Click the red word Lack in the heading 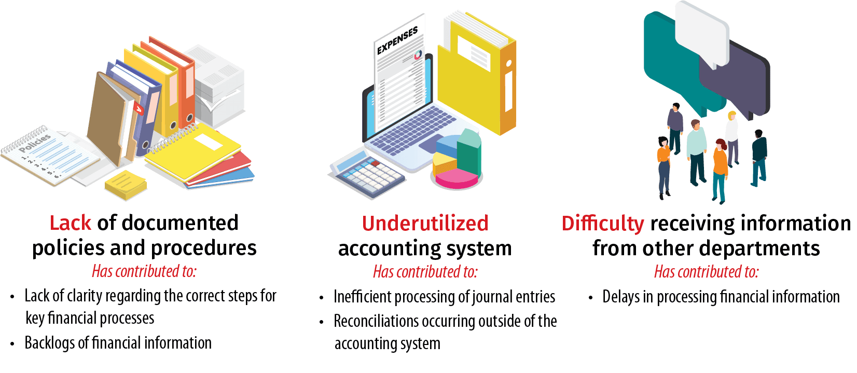tap(71, 223)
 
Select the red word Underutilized tap(425, 224)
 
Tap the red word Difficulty tap(603, 224)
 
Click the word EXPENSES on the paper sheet tap(397, 40)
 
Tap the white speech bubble tap(702, 34)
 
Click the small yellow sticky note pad tap(126, 185)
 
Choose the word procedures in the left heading tap(203, 248)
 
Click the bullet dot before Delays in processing tap(591, 298)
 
